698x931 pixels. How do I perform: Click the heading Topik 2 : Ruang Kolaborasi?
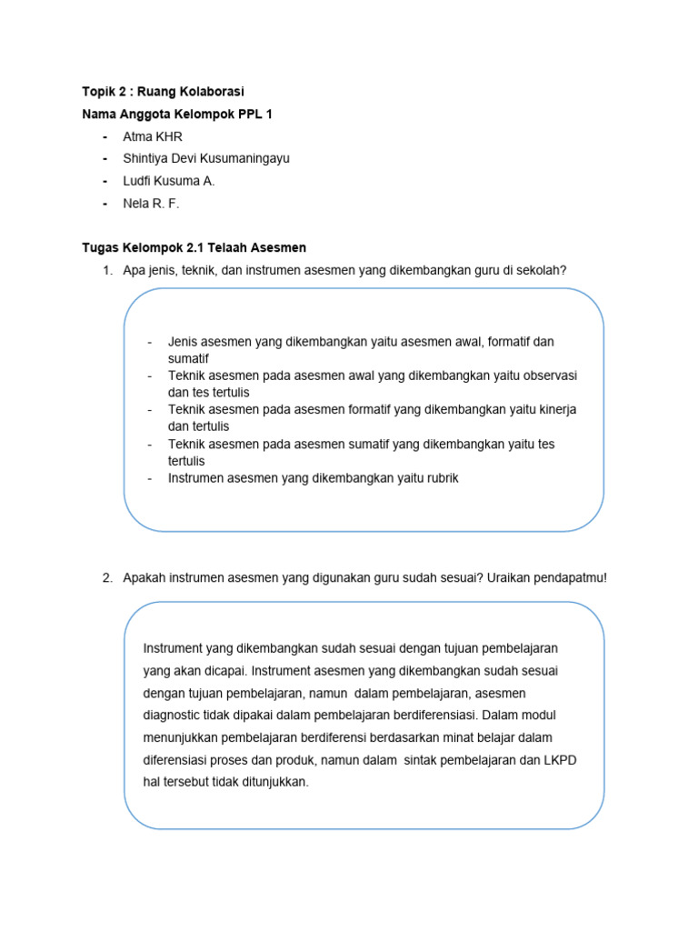click(163, 92)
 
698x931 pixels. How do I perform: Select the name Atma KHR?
click(153, 136)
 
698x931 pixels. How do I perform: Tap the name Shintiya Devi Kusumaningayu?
click(206, 158)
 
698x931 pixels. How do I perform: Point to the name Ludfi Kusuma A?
click(169, 181)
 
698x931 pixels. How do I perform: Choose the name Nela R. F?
click(151, 204)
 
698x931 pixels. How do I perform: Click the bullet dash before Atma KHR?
click(105, 136)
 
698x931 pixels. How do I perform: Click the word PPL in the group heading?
click(249, 115)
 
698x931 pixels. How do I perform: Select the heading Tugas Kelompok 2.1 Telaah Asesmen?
click(194, 247)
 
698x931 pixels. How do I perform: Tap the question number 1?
click(106, 270)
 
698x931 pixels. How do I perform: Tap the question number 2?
click(106, 578)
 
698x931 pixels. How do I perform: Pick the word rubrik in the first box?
click(442, 478)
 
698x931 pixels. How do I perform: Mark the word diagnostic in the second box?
click(174, 714)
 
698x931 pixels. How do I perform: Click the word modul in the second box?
click(533, 714)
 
